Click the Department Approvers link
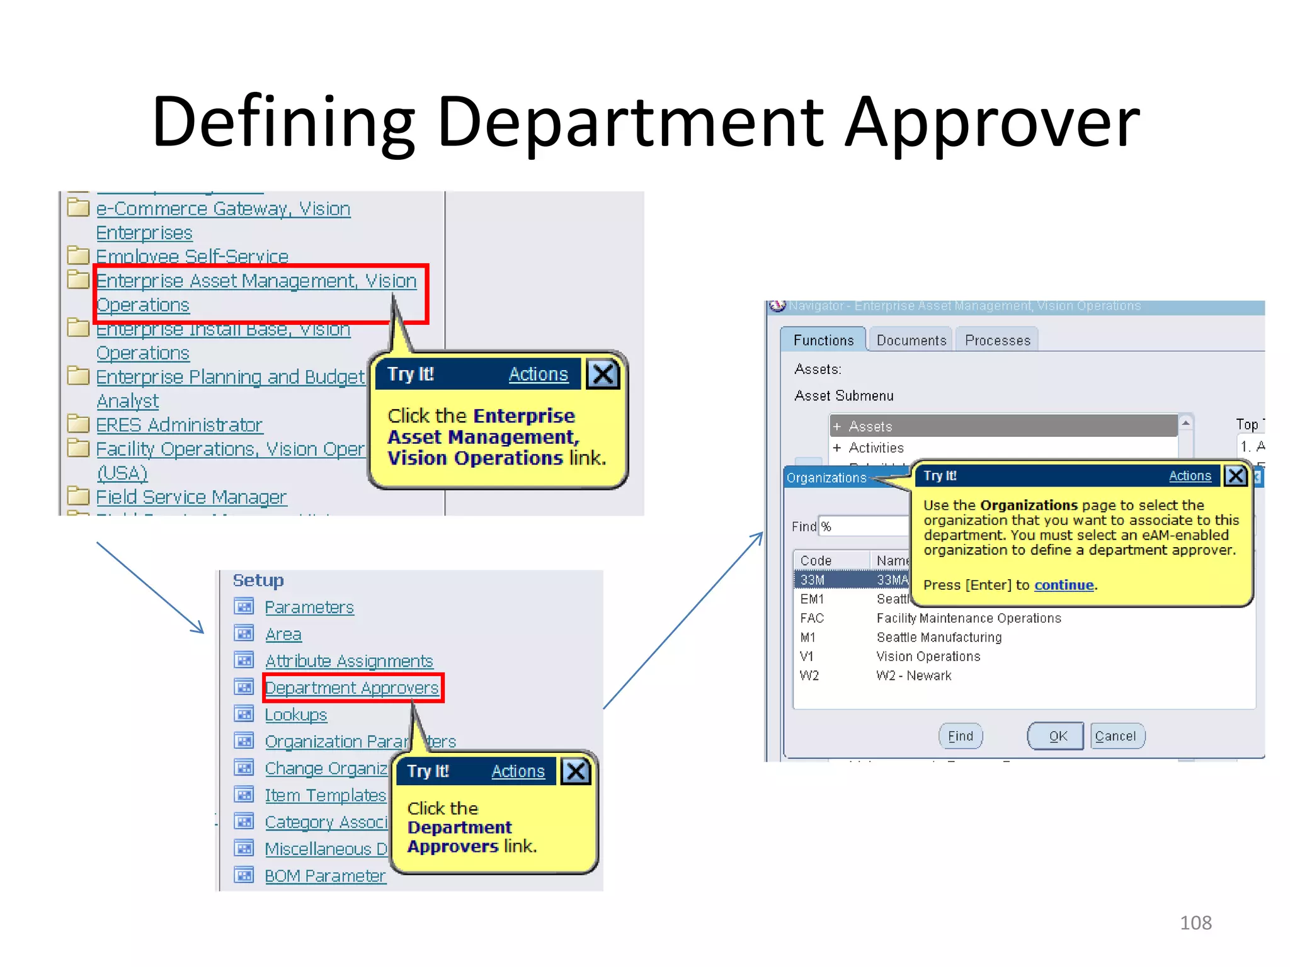click(x=351, y=688)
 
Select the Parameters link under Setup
click(x=309, y=608)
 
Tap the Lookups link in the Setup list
click(x=295, y=715)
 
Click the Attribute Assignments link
click(x=348, y=661)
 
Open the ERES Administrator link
click(x=179, y=425)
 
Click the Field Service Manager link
click(x=191, y=497)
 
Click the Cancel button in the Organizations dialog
click(x=1116, y=736)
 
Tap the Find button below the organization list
click(x=960, y=736)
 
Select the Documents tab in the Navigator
click(x=911, y=341)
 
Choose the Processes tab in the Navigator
click(x=997, y=341)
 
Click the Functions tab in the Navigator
click(x=823, y=341)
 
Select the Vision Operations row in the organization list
click(x=928, y=657)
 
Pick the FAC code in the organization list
click(x=812, y=618)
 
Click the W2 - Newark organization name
click(x=913, y=676)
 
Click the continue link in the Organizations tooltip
click(x=1063, y=585)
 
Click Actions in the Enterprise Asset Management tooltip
click(x=538, y=374)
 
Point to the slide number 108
click(x=1195, y=922)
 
